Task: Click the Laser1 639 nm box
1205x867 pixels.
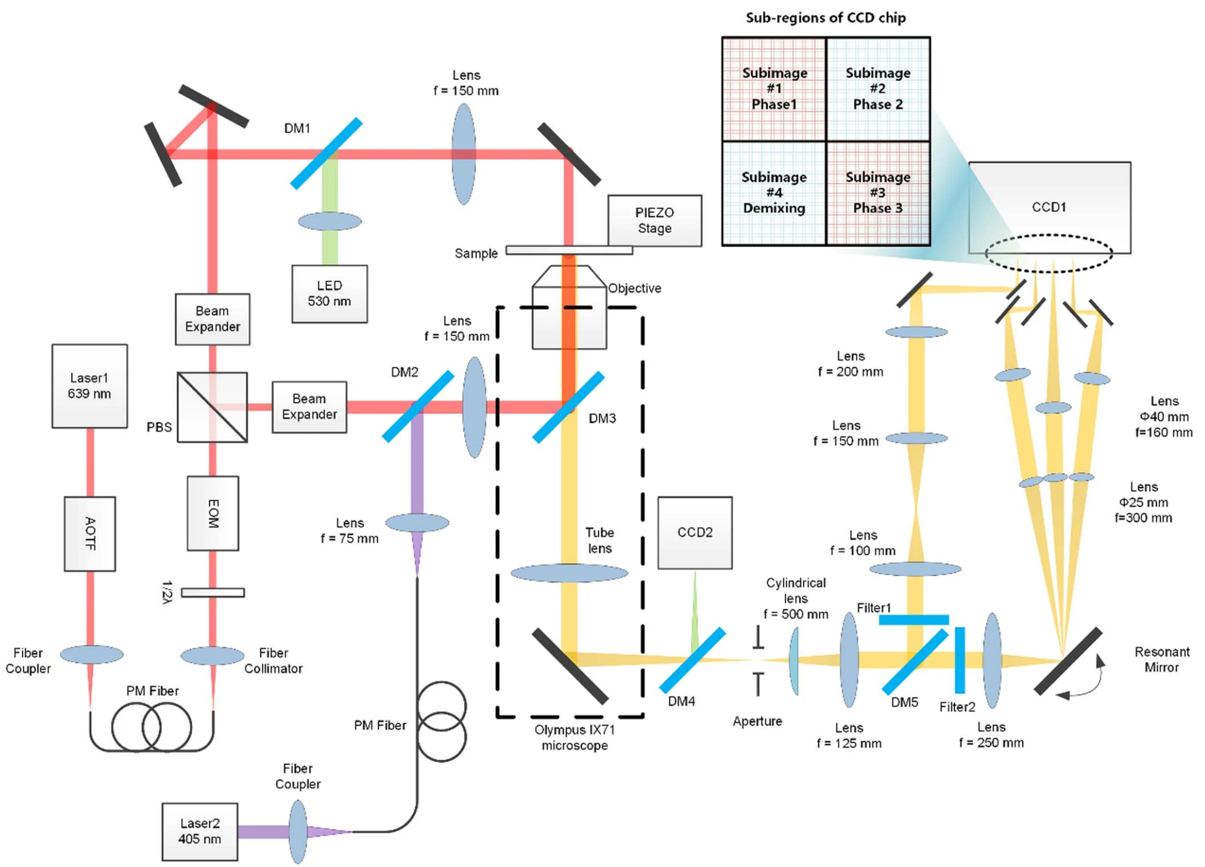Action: (x=90, y=386)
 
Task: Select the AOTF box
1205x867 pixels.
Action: (x=90, y=533)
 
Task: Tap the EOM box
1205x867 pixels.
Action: (x=213, y=513)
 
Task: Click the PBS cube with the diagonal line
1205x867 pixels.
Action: (x=212, y=407)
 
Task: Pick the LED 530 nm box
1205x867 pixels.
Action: (x=329, y=294)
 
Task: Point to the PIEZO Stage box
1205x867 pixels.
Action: (x=654, y=221)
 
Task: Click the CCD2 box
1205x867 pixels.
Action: (x=695, y=532)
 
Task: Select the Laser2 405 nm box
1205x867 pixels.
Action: (x=199, y=831)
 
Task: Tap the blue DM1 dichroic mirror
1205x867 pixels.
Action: (x=326, y=153)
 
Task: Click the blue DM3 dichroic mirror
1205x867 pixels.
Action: (x=568, y=407)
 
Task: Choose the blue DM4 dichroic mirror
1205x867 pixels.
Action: (x=692, y=660)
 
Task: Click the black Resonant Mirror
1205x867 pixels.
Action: (x=1067, y=661)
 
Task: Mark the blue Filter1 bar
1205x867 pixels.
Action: (x=914, y=620)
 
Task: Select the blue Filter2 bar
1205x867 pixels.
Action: (x=960, y=660)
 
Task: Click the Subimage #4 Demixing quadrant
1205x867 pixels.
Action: (x=774, y=193)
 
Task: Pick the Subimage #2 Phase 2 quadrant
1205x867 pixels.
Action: (x=878, y=89)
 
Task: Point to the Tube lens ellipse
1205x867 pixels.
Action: (x=569, y=573)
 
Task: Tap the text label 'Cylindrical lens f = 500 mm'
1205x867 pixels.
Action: (x=796, y=598)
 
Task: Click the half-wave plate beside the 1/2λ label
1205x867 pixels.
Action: (x=213, y=592)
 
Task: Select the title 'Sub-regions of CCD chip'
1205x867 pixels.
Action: (x=825, y=18)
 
